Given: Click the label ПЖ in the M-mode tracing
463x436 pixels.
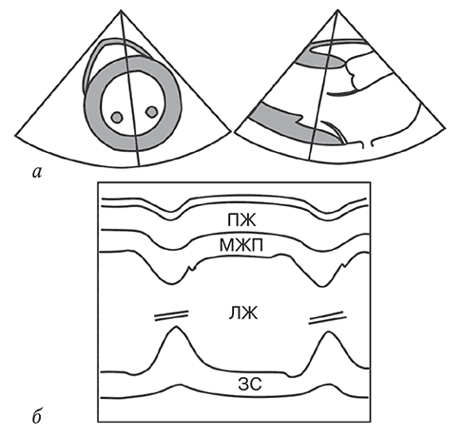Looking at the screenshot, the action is click(x=241, y=220).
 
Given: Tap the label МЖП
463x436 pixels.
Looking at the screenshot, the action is click(x=241, y=245).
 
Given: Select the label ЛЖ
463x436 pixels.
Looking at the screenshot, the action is click(x=243, y=313).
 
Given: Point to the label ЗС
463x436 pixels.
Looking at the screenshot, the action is click(x=250, y=385).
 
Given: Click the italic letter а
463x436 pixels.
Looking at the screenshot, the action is click(x=37, y=173).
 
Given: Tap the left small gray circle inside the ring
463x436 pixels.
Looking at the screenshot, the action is click(x=117, y=117).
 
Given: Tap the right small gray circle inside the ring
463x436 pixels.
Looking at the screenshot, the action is click(x=151, y=111).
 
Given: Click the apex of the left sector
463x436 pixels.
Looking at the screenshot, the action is click(x=121, y=10).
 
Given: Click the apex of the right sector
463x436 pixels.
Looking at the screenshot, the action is click(x=338, y=10).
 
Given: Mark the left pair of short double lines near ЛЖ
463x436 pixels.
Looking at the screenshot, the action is click(x=171, y=315).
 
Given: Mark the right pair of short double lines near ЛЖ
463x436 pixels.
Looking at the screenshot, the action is click(x=327, y=318).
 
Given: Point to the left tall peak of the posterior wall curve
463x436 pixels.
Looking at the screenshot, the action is click(x=176, y=327).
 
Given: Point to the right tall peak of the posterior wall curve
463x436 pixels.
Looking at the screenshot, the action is click(x=328, y=332).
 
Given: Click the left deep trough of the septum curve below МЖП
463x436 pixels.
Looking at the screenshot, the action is click(x=171, y=283).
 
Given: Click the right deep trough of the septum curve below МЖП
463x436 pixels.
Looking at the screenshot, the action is click(x=321, y=286).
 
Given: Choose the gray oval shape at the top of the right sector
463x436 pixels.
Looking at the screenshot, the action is click(x=320, y=60).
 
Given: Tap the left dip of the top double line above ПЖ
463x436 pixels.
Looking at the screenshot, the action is click(x=171, y=215).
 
